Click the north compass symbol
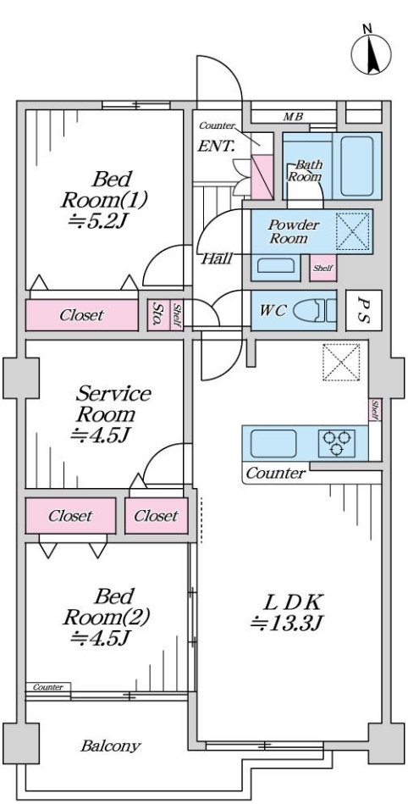click(x=371, y=52)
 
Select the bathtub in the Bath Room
click(x=356, y=165)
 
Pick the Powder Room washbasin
click(x=275, y=266)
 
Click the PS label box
click(x=363, y=311)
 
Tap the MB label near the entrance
click(x=293, y=117)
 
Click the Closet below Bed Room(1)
click(x=82, y=315)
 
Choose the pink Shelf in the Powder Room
click(x=323, y=268)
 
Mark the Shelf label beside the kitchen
click(x=375, y=410)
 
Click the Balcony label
click(x=111, y=746)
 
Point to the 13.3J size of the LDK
click(x=287, y=624)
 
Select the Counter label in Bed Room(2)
click(x=48, y=687)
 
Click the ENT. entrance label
click(x=216, y=147)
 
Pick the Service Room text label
click(x=113, y=403)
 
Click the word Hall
click(x=216, y=258)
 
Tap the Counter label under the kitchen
click(x=276, y=473)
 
